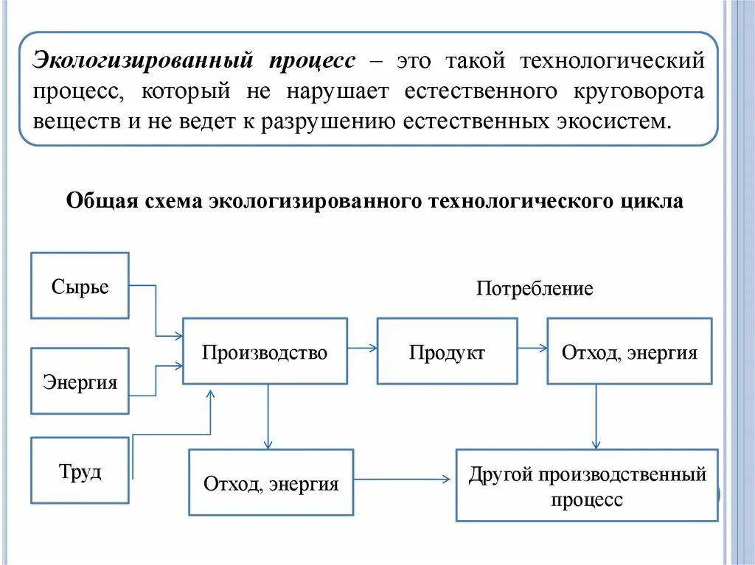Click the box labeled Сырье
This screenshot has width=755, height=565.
click(80, 286)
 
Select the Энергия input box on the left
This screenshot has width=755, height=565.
click(80, 382)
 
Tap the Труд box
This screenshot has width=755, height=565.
click(80, 471)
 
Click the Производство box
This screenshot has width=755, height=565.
click(265, 351)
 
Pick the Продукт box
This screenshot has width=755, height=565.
click(447, 351)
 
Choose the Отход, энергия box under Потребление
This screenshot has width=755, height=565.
click(629, 351)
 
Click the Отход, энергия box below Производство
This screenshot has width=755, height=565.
click(271, 482)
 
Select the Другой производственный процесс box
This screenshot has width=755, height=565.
click(587, 485)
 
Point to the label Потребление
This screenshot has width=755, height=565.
click(535, 288)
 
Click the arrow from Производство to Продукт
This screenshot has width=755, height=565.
click(361, 347)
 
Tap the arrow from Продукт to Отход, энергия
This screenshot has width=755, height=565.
click(532, 347)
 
